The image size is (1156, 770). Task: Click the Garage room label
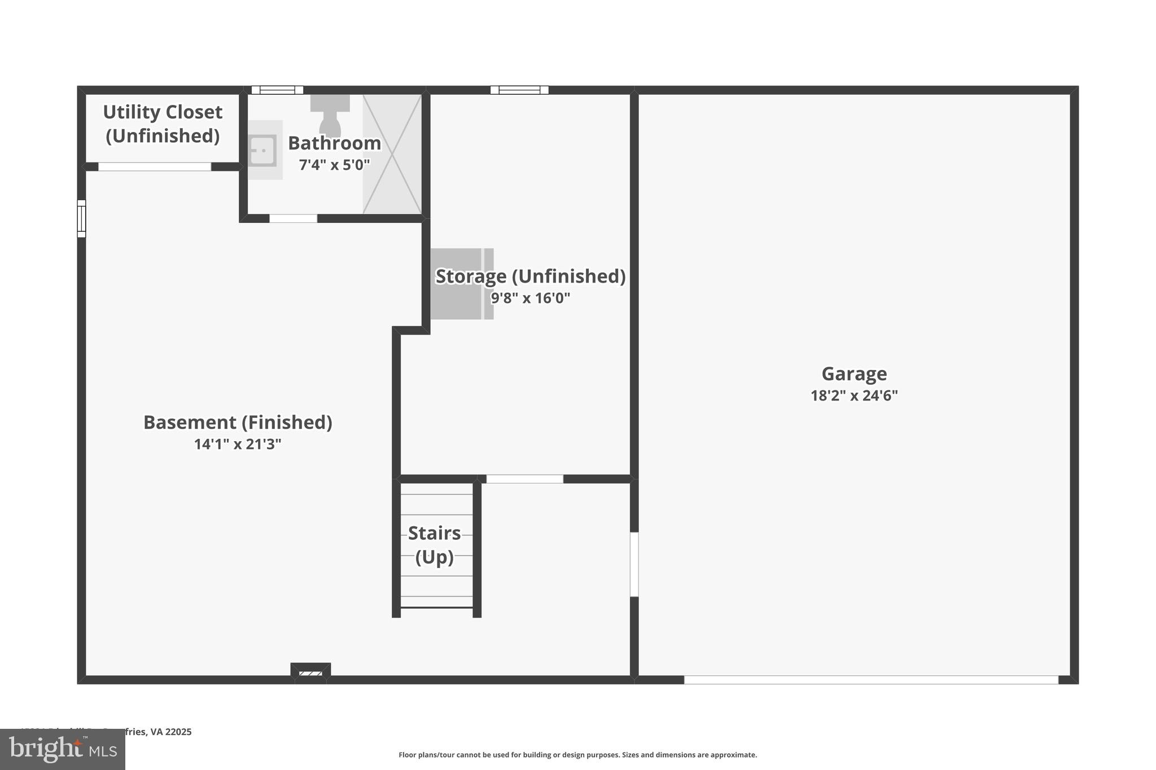pyautogui.click(x=853, y=374)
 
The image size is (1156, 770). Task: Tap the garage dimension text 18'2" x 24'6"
pyautogui.click(x=853, y=395)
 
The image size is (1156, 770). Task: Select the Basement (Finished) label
pyautogui.click(x=238, y=423)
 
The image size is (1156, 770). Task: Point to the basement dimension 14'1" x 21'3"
pyautogui.click(x=238, y=445)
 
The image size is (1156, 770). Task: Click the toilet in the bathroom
pyautogui.click(x=330, y=115)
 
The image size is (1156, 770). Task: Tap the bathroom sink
pyautogui.click(x=263, y=150)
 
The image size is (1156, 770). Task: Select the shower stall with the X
pyautogui.click(x=392, y=154)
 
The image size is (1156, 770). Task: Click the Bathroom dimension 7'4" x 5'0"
pyautogui.click(x=334, y=165)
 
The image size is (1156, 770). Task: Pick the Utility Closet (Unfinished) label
pyautogui.click(x=163, y=124)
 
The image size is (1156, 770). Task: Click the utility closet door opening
pyautogui.click(x=155, y=167)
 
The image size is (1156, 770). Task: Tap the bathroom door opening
pyautogui.click(x=293, y=219)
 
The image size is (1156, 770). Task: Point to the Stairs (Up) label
pyautogui.click(x=434, y=545)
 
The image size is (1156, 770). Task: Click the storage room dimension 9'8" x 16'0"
pyautogui.click(x=530, y=298)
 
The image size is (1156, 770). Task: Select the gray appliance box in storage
pyautogui.click(x=462, y=284)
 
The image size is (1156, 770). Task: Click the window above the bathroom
pyautogui.click(x=277, y=90)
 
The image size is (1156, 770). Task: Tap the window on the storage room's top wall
pyautogui.click(x=519, y=90)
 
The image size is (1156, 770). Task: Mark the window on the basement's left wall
pyautogui.click(x=82, y=219)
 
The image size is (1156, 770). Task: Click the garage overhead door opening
pyautogui.click(x=871, y=680)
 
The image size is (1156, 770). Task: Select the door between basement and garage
pyautogui.click(x=634, y=564)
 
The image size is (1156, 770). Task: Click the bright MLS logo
pyautogui.click(x=63, y=749)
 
